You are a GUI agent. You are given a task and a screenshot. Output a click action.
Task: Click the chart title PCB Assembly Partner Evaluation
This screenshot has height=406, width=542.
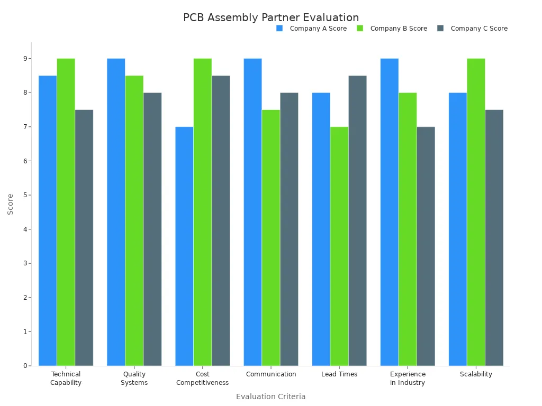pos(271,17)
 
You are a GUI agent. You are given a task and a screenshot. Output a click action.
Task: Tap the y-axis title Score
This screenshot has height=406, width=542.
pos(11,204)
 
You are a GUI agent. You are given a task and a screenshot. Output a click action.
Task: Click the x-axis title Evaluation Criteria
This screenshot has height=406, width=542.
pos(271,396)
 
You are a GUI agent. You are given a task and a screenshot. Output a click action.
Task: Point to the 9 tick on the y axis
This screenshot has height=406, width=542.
pos(24,59)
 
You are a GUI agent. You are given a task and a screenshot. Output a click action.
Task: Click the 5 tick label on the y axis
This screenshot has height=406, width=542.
pos(24,195)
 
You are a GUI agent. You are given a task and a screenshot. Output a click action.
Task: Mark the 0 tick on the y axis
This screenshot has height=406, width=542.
pos(24,366)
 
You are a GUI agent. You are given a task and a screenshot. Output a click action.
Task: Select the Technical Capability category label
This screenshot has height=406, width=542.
pos(66,379)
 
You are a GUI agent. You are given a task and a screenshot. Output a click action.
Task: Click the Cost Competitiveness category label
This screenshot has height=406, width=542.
pos(202,379)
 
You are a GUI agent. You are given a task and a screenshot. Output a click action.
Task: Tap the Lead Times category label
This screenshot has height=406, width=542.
pos(339,374)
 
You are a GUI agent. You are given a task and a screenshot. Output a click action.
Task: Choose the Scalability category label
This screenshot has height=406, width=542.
pos(476,374)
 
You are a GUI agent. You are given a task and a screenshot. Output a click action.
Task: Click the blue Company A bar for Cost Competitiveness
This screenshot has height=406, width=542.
pos(184,246)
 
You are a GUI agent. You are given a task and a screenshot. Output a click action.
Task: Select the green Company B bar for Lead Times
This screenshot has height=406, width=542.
pos(339,246)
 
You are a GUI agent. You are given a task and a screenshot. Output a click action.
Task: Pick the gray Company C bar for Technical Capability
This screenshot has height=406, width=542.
pos(84,238)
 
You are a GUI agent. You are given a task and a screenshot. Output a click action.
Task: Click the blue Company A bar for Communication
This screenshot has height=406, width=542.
pos(252,212)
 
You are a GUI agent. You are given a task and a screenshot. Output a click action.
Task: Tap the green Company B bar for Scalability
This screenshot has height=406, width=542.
pos(476,212)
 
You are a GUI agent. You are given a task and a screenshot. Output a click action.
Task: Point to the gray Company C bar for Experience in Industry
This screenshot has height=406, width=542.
pos(426,246)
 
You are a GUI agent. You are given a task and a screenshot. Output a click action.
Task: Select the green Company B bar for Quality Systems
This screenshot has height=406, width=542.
pos(134,220)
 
